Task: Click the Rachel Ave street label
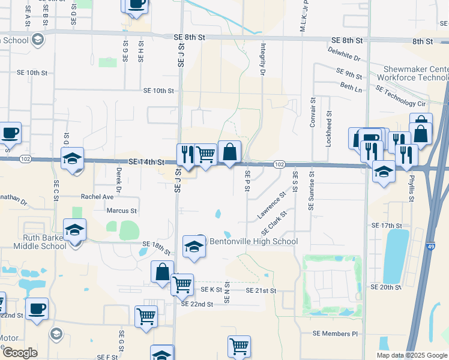pos(97,196)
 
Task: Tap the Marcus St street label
pos(122,211)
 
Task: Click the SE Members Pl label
pos(335,334)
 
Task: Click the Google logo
pos(19,352)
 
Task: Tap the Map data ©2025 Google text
pos(411,355)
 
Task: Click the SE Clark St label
pos(274,223)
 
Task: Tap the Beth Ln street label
pos(351,88)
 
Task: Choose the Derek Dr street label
pos(119,182)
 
